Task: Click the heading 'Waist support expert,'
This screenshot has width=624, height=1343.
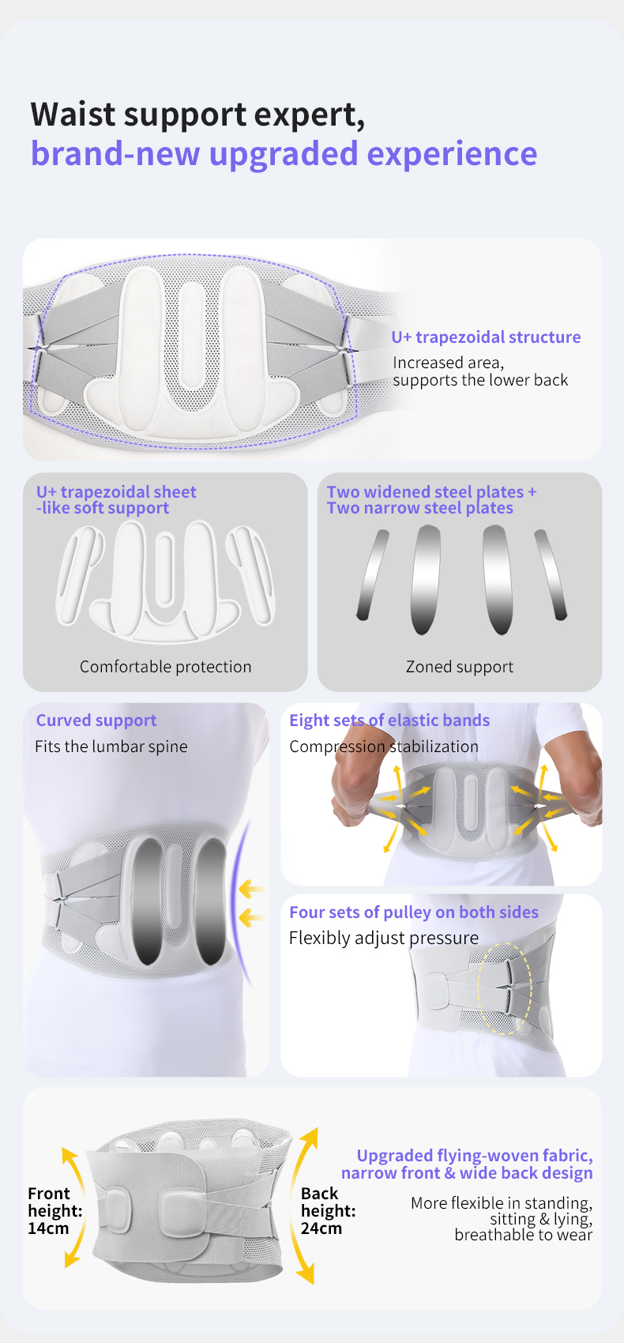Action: tap(197, 115)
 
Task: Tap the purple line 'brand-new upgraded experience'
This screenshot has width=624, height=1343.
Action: tap(284, 153)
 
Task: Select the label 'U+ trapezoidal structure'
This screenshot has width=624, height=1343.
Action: tap(486, 337)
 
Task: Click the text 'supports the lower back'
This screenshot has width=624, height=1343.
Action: tap(480, 380)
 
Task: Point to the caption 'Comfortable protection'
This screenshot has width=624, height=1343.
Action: tap(165, 667)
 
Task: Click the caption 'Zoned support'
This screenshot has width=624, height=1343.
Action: tap(459, 667)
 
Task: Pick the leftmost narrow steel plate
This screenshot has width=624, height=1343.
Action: tap(373, 574)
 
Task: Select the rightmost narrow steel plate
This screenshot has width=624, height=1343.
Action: tap(551, 574)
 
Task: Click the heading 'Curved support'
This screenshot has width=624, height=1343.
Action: tap(96, 720)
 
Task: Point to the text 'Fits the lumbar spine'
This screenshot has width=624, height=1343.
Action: tap(111, 747)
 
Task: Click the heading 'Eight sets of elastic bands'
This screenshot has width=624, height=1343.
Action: tap(389, 720)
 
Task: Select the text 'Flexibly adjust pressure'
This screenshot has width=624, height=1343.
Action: tap(384, 938)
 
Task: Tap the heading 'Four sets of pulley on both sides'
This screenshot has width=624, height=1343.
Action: tap(414, 912)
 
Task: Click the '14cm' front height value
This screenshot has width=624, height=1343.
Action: tap(48, 1228)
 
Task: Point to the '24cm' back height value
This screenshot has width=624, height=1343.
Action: tap(321, 1228)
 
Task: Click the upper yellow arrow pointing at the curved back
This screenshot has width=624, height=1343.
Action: tap(251, 890)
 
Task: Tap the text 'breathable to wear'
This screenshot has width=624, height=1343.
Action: tap(523, 1235)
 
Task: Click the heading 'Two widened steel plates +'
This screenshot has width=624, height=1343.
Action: tap(431, 492)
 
